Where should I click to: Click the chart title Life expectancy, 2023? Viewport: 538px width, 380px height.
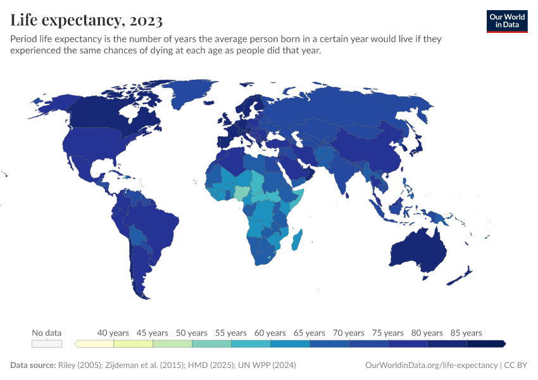click(x=87, y=20)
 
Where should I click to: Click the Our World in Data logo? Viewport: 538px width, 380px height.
click(x=507, y=21)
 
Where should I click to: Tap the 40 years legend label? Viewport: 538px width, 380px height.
click(x=114, y=332)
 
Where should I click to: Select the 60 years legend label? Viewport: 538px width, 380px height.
click(x=270, y=332)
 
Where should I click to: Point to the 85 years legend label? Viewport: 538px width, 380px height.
click(x=466, y=332)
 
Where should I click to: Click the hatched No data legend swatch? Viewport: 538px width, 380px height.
click(x=47, y=344)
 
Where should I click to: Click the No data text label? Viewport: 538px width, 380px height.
click(x=47, y=332)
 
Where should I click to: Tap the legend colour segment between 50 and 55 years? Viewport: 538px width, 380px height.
click(x=211, y=344)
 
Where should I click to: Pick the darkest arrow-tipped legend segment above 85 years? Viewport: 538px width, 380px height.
click(x=486, y=344)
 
